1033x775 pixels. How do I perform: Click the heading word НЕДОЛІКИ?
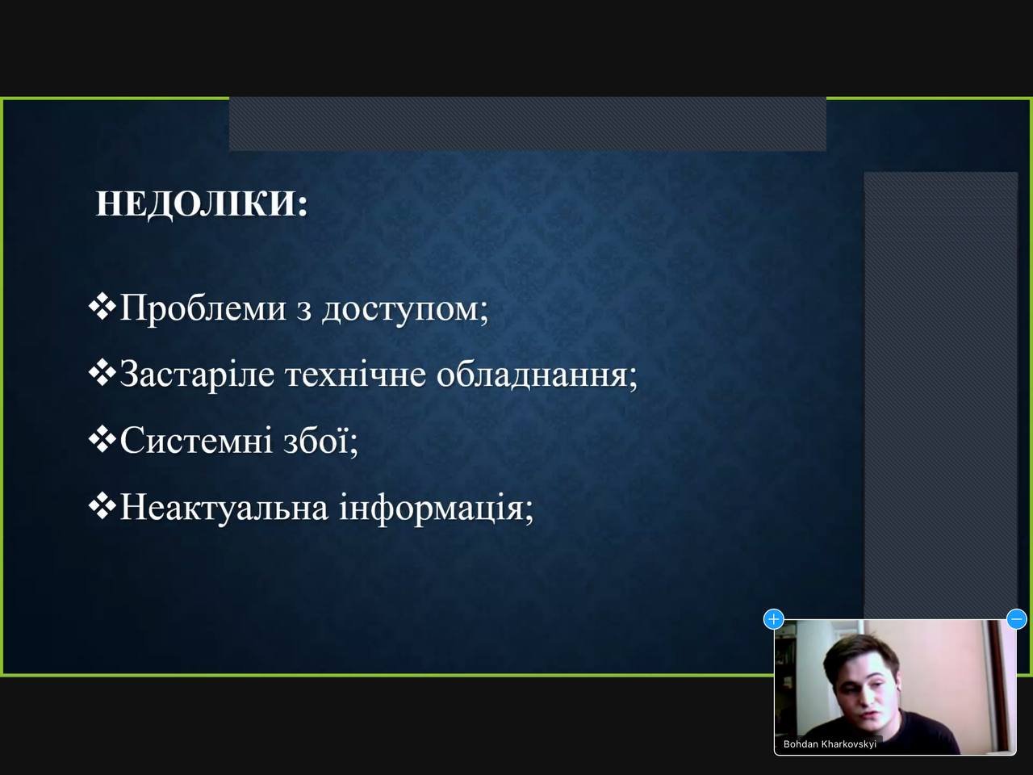[202, 204]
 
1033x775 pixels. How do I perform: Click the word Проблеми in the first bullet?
[203, 308]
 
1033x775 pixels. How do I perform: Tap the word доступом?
[405, 311]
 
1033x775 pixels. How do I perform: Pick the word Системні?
[196, 441]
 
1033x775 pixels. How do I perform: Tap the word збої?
[320, 441]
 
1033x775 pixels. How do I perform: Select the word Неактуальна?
[224, 507]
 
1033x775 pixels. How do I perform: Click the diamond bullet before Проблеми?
[102, 308]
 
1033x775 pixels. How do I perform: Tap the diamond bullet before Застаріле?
[102, 374]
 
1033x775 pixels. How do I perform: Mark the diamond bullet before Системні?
[102, 440]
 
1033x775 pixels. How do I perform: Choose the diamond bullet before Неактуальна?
[102, 507]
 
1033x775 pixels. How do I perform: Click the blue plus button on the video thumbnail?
[774, 619]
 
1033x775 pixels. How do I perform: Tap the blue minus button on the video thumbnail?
[1017, 619]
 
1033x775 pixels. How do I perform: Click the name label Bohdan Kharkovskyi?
[830, 744]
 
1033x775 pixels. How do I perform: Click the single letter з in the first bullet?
[304, 311]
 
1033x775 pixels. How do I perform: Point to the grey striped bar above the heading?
[527, 124]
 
